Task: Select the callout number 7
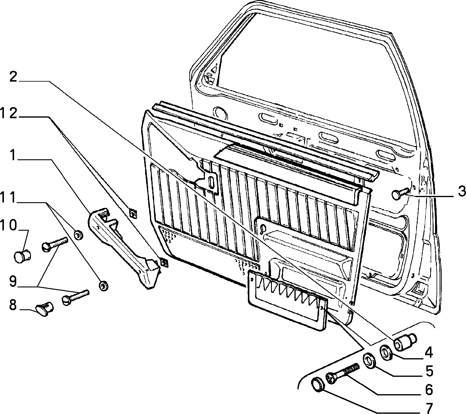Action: coord(428,408)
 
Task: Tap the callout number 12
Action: coord(9,114)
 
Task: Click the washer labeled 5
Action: coord(386,353)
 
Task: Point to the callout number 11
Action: coord(8,199)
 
